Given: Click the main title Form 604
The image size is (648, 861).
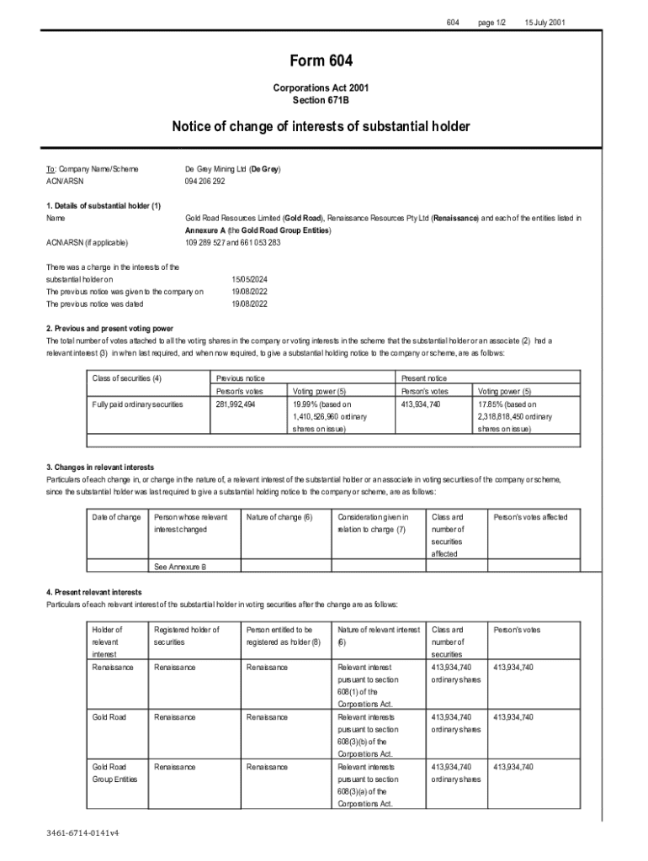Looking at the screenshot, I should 321,61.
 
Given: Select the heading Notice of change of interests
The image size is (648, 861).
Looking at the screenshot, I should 321,127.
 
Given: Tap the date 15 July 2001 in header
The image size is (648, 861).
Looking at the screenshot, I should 544,21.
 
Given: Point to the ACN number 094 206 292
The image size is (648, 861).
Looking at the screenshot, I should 205,182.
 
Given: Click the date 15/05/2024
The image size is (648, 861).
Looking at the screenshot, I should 249,278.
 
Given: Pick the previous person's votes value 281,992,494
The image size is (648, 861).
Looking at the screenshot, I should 236,404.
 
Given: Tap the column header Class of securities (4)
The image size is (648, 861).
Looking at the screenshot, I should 126,378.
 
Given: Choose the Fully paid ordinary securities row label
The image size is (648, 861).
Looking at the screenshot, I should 136,404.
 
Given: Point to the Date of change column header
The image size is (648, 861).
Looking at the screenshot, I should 116,516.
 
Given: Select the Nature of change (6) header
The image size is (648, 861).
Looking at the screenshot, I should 279,516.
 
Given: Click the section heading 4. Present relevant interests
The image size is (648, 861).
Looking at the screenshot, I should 94,592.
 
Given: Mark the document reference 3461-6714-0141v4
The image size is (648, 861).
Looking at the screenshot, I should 82,832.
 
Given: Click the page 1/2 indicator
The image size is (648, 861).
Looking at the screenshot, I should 492,21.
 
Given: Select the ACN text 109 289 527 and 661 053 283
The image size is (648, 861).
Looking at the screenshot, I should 233,243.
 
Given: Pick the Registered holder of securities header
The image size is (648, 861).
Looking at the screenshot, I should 186,635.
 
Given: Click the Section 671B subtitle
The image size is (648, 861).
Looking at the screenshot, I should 321,100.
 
